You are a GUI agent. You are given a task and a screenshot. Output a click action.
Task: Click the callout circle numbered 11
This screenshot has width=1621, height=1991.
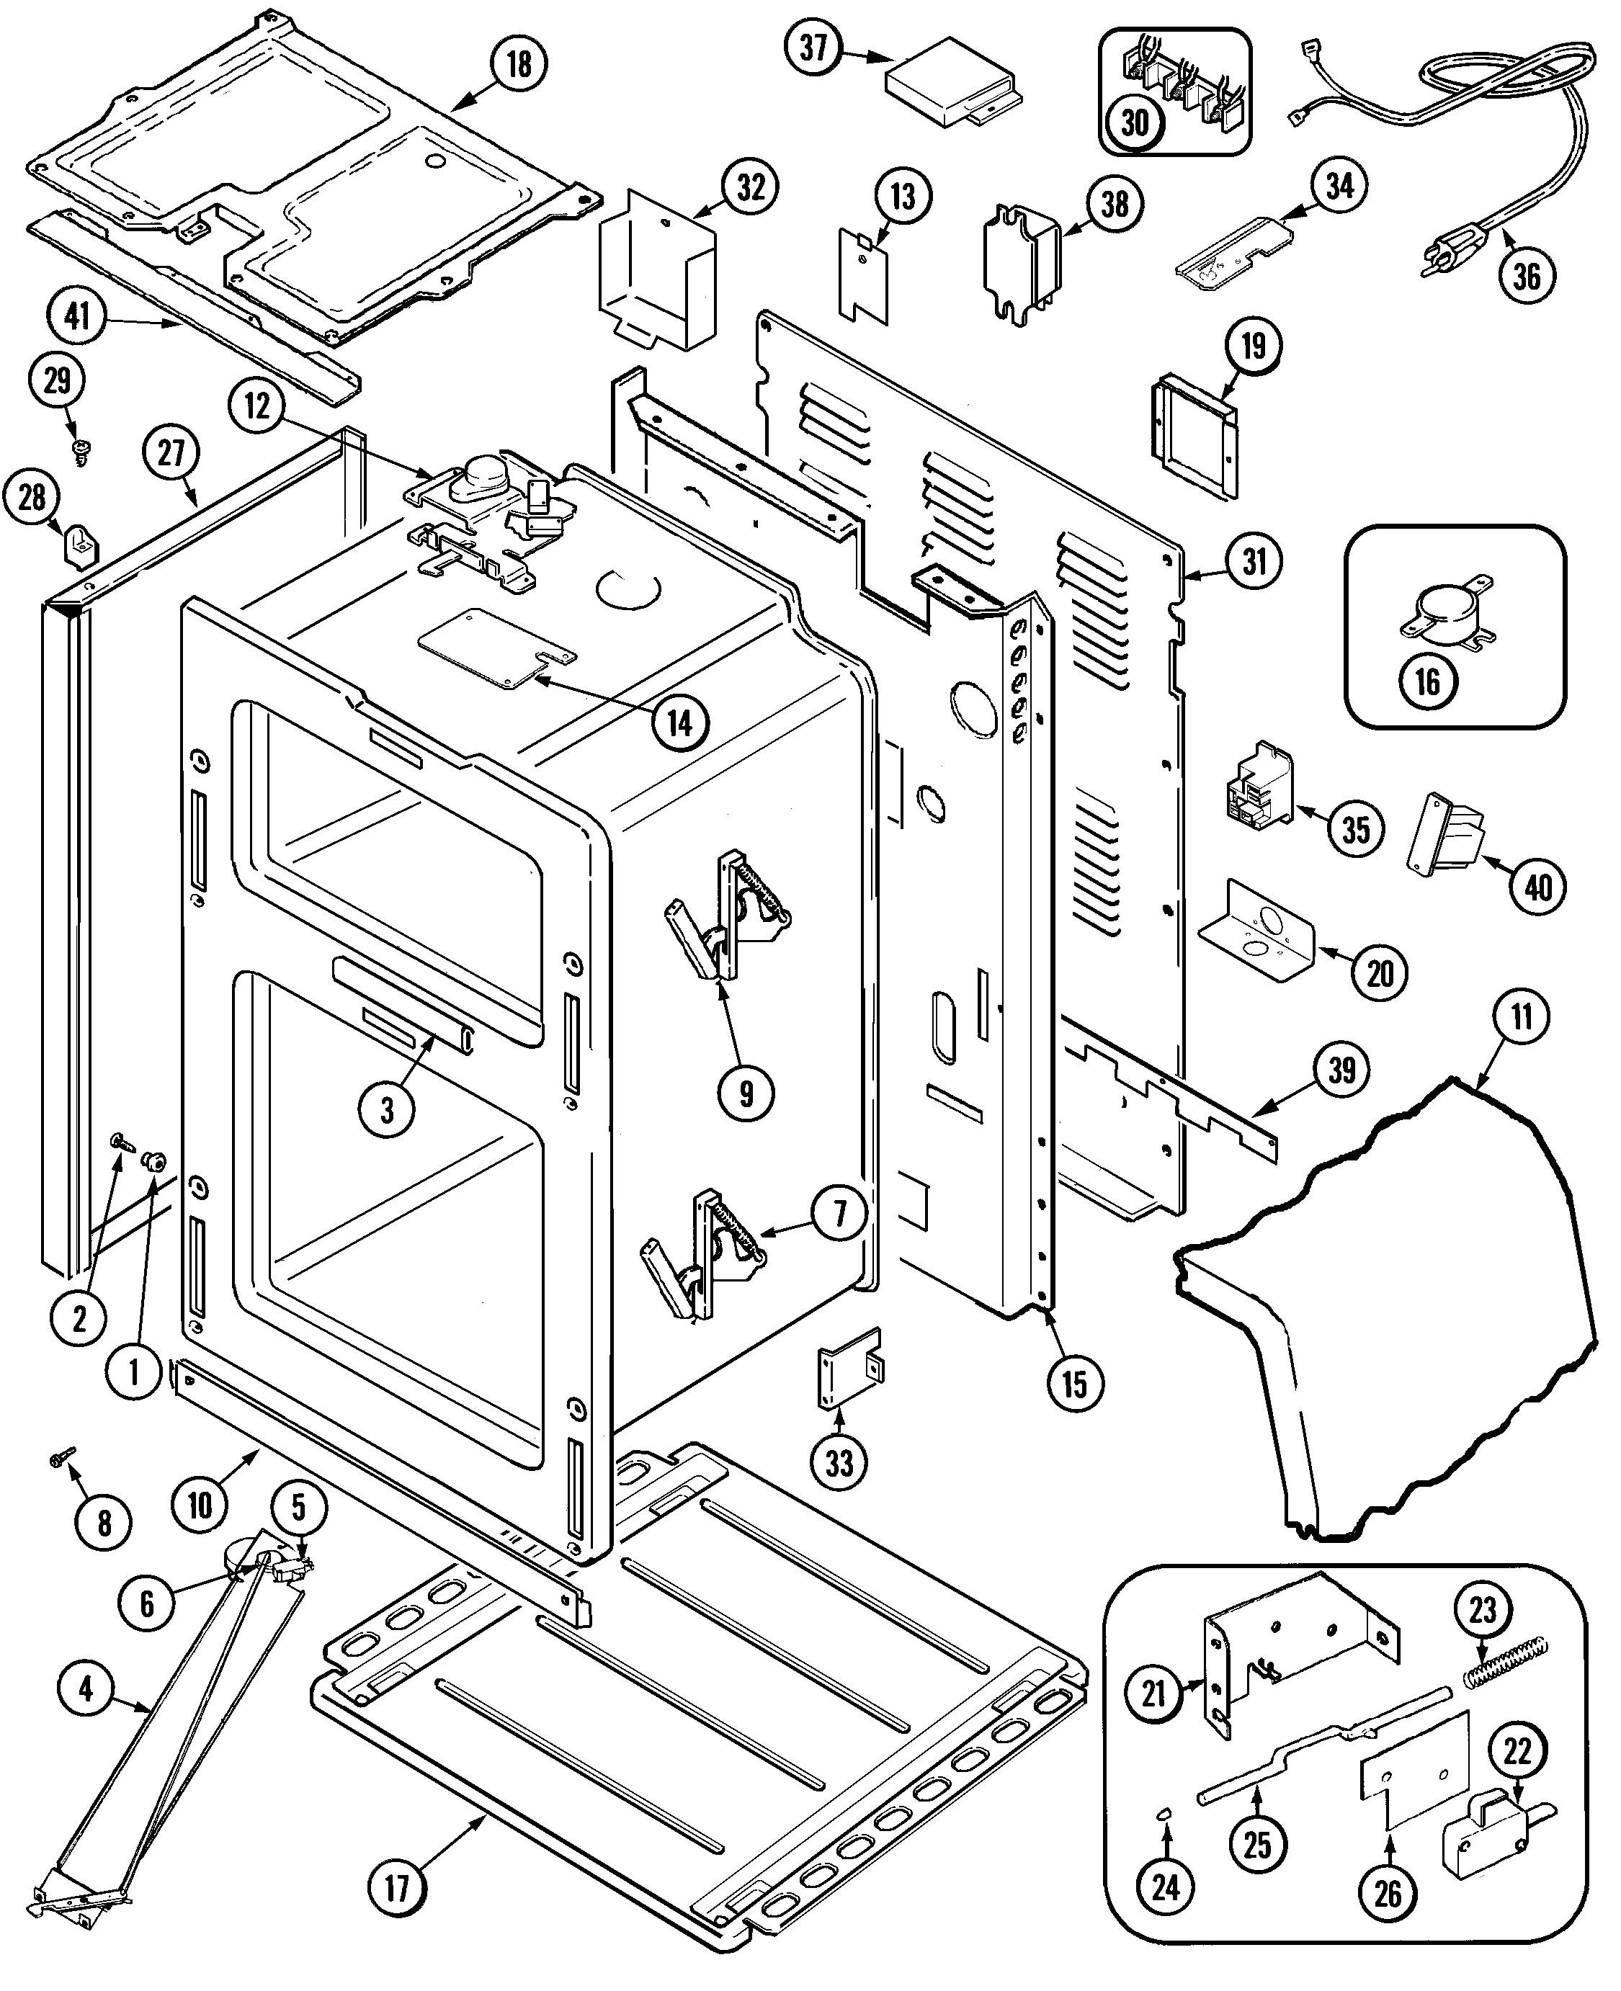point(1521,1016)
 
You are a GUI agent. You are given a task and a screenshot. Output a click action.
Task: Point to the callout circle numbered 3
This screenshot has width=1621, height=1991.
point(385,1110)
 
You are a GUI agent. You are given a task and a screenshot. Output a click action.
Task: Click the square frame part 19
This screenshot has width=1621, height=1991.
point(1193,434)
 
